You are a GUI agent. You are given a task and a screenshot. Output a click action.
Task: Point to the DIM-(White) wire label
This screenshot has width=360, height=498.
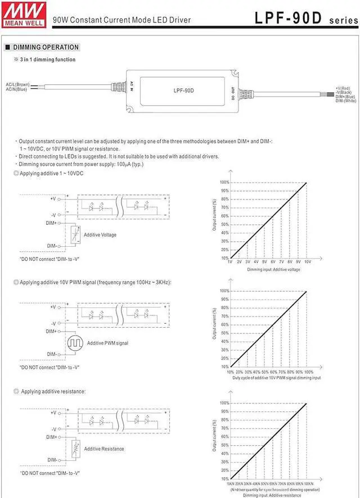345,101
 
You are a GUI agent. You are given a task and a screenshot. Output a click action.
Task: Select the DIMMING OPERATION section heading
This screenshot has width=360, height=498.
46,47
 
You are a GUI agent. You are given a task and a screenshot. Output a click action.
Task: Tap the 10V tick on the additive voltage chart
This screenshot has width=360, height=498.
307,262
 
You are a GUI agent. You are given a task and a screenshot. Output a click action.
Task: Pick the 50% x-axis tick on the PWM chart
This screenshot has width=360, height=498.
264,372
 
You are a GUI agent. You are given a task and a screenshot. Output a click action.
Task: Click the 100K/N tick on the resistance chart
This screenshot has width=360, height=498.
308,483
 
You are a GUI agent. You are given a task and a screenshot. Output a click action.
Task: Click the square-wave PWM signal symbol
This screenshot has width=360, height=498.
75,342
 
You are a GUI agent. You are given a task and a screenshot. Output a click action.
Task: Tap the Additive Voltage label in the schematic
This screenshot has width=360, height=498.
100,234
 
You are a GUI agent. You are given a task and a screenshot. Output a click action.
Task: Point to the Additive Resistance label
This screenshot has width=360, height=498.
104,449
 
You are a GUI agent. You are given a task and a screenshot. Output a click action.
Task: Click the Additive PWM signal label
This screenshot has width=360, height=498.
107,343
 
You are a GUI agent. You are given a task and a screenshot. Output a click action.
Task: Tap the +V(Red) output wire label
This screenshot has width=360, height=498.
343,88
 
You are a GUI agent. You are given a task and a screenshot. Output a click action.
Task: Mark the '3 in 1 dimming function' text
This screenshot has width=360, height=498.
47,60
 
